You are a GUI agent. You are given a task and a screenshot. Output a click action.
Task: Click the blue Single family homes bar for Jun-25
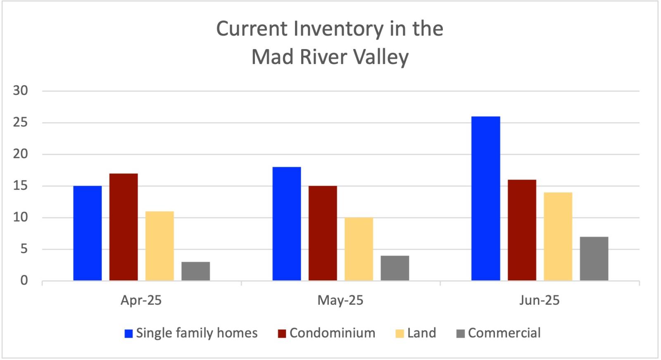coord(485,198)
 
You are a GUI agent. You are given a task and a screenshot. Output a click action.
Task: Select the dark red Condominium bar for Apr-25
coord(124,227)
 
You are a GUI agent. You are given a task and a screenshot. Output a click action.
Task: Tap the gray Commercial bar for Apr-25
coord(195,271)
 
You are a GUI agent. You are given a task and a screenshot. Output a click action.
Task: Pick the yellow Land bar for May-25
coord(359,249)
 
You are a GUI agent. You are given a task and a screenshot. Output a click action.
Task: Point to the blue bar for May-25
coord(287,224)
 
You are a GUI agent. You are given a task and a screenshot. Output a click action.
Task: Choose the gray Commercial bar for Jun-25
coord(594,258)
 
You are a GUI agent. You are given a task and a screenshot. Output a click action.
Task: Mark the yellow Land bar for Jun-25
coord(558,237)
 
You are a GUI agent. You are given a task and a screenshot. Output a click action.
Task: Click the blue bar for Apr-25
coord(88,233)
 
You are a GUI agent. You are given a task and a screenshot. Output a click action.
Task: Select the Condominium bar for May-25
coord(323,233)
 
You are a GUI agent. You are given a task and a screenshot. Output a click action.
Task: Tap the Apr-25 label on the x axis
coord(141,300)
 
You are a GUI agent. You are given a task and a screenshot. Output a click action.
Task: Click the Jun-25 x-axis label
coord(539,300)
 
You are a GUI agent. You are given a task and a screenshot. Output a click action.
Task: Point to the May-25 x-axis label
coord(340,300)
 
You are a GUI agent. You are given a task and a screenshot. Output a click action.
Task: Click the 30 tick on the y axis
coord(20,91)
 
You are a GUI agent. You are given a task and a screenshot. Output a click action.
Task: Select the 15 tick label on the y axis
coord(20,186)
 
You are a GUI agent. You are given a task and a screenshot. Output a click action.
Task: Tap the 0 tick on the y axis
coord(24,281)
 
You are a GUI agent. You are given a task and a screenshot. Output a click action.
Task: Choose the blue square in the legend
coord(129,334)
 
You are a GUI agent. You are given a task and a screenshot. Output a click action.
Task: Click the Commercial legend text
coord(504,333)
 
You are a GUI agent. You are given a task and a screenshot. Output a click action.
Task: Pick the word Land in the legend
coord(421,333)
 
